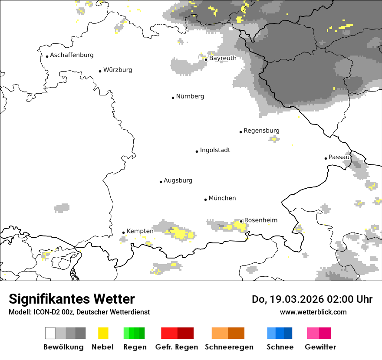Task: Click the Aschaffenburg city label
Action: point(72,55)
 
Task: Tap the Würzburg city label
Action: point(118,70)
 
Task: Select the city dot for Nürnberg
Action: point(173,98)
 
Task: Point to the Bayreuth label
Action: point(223,58)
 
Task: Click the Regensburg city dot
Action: point(240,132)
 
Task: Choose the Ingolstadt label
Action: point(215,150)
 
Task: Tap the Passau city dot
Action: point(326,158)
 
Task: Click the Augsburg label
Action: point(178,180)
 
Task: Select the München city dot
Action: point(205,200)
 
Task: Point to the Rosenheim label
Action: point(260,220)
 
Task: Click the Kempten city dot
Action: point(123,232)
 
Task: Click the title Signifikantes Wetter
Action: point(72,299)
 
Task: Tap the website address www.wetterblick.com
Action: point(313,312)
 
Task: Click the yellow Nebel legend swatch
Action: point(103,333)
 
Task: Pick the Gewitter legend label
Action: point(320,347)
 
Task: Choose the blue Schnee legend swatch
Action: point(280,333)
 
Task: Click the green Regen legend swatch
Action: point(134,333)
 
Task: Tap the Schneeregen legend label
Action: point(229,347)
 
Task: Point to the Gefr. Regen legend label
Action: point(176,347)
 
